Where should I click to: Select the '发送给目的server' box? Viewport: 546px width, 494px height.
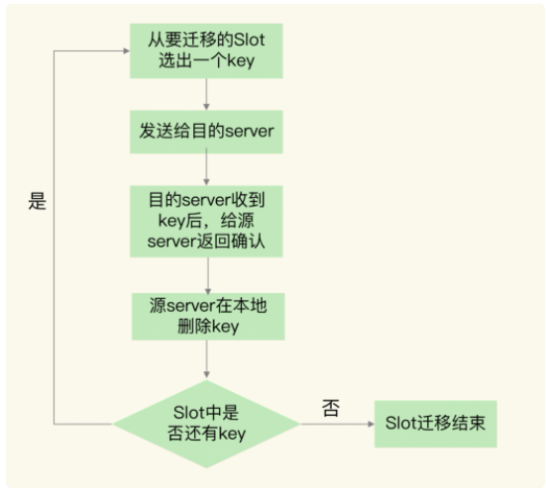coord(205,129)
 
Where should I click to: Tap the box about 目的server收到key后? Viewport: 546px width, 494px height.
coord(205,221)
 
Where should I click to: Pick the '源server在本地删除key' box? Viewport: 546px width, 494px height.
coord(205,316)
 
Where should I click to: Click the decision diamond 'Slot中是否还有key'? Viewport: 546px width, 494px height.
coord(205,423)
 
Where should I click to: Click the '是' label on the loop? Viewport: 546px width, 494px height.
coord(38,202)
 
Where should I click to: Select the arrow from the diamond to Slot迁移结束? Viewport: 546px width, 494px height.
coord(336,424)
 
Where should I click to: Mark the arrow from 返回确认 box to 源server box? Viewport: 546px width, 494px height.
coord(205,273)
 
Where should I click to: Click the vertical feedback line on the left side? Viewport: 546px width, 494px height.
coord(56,238)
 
